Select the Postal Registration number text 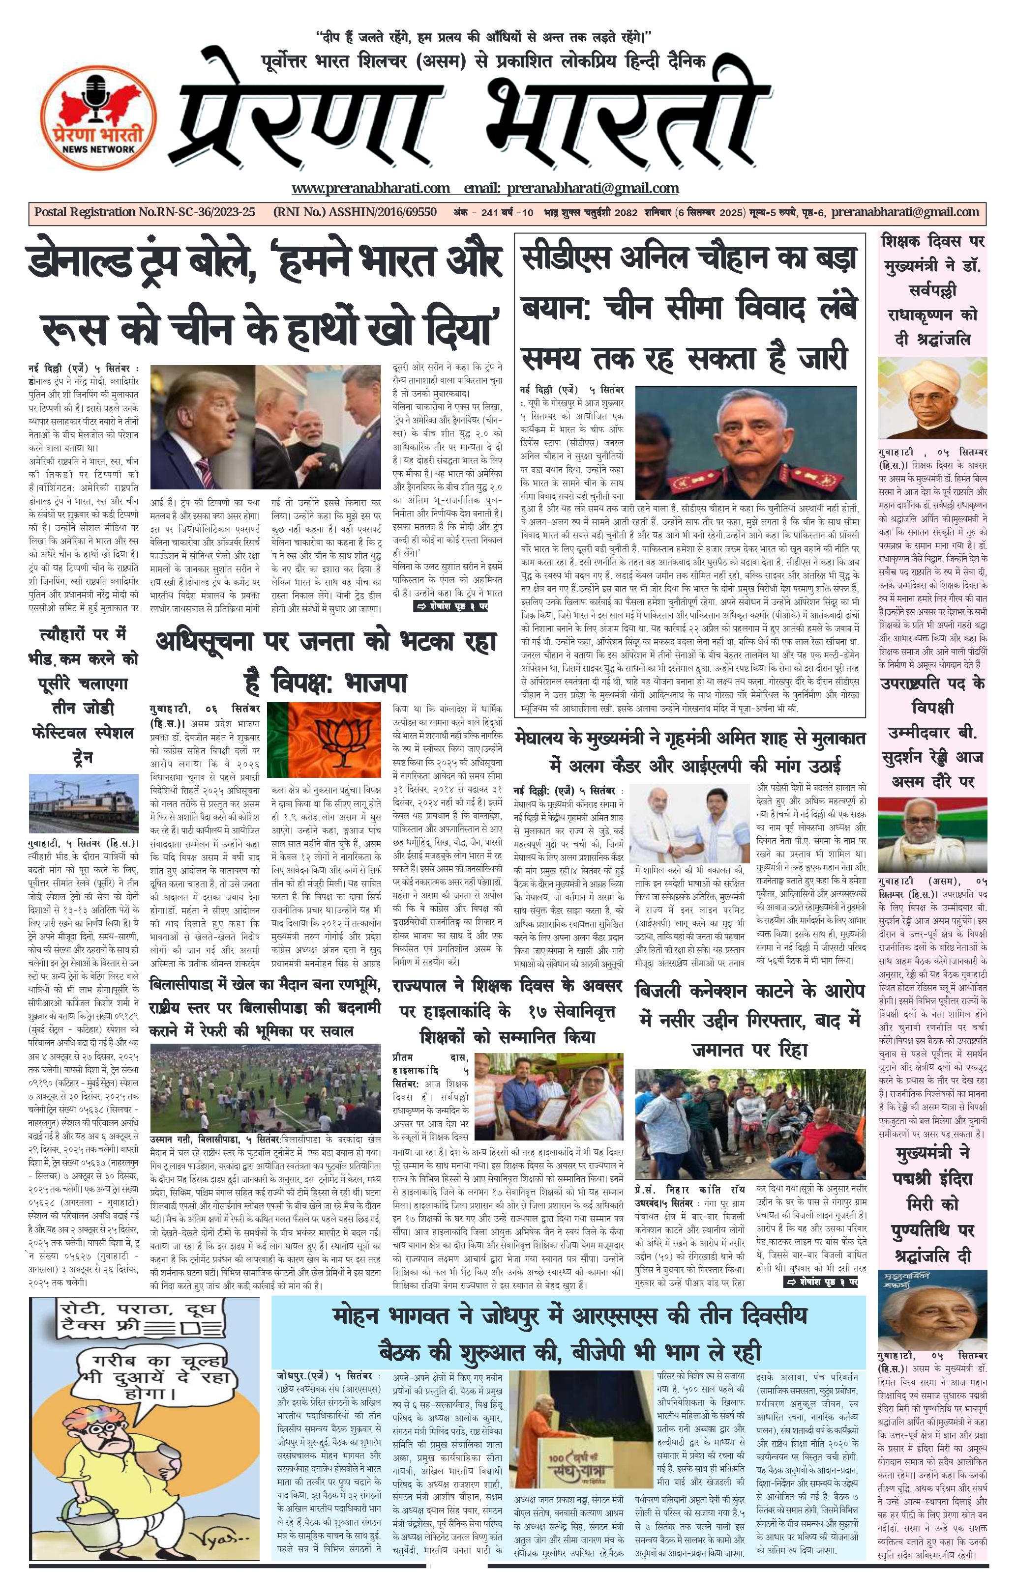(x=145, y=212)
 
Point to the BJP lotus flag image (x=324, y=744)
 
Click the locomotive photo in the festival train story (x=84, y=804)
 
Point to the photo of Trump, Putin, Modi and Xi (x=267, y=428)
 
